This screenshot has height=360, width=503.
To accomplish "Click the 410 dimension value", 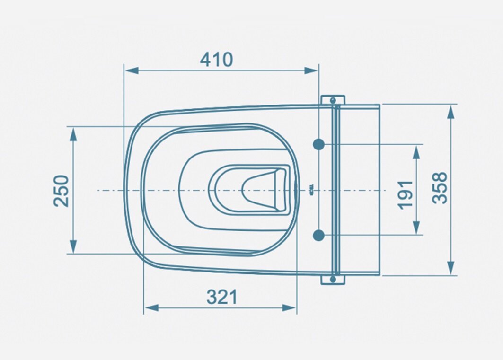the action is pyautogui.click(x=217, y=59).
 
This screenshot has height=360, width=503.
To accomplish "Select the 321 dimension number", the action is pyautogui.click(x=222, y=297).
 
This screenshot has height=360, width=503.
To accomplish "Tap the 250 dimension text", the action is pyautogui.click(x=61, y=191).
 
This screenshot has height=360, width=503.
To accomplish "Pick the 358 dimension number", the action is pyautogui.click(x=440, y=188).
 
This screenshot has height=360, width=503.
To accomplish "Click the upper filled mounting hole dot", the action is pyautogui.click(x=318, y=145).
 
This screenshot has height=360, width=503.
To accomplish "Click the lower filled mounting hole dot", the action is pyautogui.click(x=318, y=236).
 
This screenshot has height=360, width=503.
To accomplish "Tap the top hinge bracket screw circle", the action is pyautogui.click(x=333, y=100).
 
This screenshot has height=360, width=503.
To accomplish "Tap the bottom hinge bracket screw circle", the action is pyautogui.click(x=333, y=280).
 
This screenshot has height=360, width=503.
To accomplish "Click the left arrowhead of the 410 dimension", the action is pyautogui.click(x=131, y=70).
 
